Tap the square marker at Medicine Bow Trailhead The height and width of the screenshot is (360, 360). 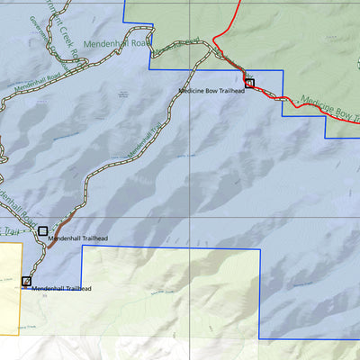[x=250, y=83]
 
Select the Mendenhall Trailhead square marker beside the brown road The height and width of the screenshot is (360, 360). [x=42, y=231]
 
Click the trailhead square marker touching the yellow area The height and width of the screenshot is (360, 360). [x=26, y=282]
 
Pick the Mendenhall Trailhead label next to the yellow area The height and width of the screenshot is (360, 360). [x=61, y=289]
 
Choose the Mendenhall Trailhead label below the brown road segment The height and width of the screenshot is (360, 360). [x=78, y=238]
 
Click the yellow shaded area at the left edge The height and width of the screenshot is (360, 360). [x=9, y=288]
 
